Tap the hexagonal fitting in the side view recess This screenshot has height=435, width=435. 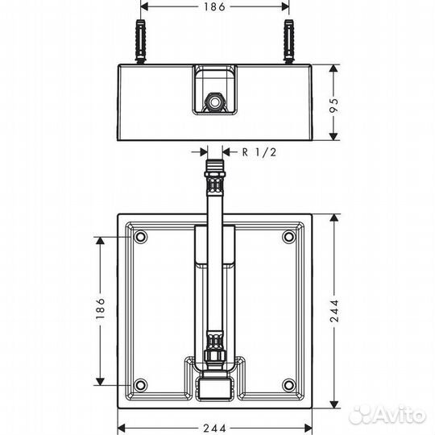coord(214,103)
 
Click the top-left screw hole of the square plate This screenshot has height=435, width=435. coord(141,238)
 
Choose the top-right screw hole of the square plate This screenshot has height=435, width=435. coord(288,238)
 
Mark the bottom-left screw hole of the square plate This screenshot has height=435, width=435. coord(141,383)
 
